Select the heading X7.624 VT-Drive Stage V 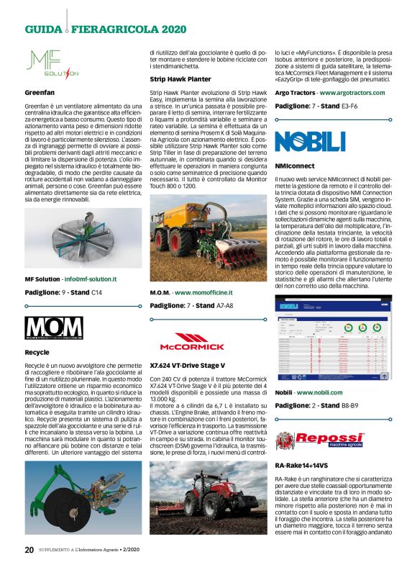[x=188, y=366]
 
